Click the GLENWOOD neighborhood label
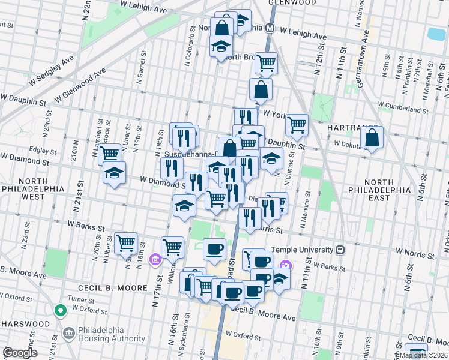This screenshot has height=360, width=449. click(x=292, y=3)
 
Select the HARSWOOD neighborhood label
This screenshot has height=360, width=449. click(x=25, y=323)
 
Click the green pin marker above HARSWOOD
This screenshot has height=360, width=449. click(x=59, y=311)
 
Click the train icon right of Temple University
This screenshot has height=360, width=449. click(x=340, y=250)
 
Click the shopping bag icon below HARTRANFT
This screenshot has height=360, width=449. click(x=372, y=137)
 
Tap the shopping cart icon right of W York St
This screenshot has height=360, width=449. click(x=297, y=124)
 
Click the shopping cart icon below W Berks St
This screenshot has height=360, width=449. click(x=125, y=243)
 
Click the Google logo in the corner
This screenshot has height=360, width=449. click(x=20, y=353)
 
